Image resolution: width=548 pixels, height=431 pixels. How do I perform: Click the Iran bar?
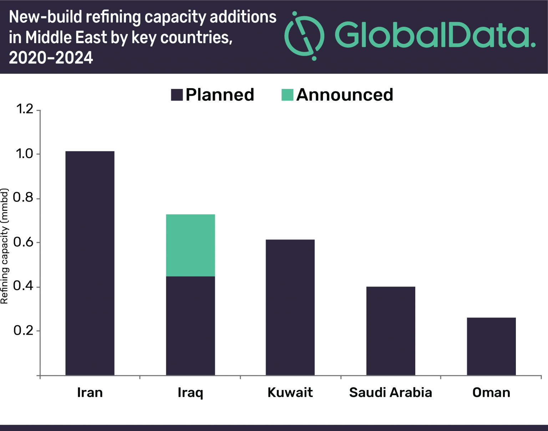[90, 263]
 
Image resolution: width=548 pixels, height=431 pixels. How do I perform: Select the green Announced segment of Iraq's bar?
[191, 245]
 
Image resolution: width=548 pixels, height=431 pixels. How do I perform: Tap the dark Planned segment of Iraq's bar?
[191, 325]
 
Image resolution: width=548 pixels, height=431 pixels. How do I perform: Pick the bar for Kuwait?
[290, 307]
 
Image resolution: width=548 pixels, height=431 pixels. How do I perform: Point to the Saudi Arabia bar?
[391, 331]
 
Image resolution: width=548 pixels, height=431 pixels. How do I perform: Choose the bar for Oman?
[491, 346]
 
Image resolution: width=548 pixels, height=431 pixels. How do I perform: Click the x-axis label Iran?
[90, 392]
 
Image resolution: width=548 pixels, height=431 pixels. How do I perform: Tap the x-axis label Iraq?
[191, 393]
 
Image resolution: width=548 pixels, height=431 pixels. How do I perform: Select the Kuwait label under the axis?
[290, 392]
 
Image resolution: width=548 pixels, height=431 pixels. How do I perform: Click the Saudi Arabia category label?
[391, 392]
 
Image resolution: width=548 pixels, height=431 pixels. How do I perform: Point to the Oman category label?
[491, 392]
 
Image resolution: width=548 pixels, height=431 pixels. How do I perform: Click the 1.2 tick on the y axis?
[25, 109]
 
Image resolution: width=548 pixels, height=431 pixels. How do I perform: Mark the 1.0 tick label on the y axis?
[25, 154]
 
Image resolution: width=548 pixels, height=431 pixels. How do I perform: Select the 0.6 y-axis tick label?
[23, 242]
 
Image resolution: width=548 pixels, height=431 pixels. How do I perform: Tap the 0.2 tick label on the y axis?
[23, 330]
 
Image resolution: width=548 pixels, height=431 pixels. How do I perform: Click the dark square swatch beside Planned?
[177, 95]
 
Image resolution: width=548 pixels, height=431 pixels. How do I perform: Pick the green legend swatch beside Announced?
[287, 95]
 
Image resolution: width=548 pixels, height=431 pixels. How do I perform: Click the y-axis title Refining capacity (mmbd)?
[4, 246]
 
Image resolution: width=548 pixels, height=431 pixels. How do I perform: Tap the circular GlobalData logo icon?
[304, 36]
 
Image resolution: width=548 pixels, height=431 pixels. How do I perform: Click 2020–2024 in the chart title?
[51, 58]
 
